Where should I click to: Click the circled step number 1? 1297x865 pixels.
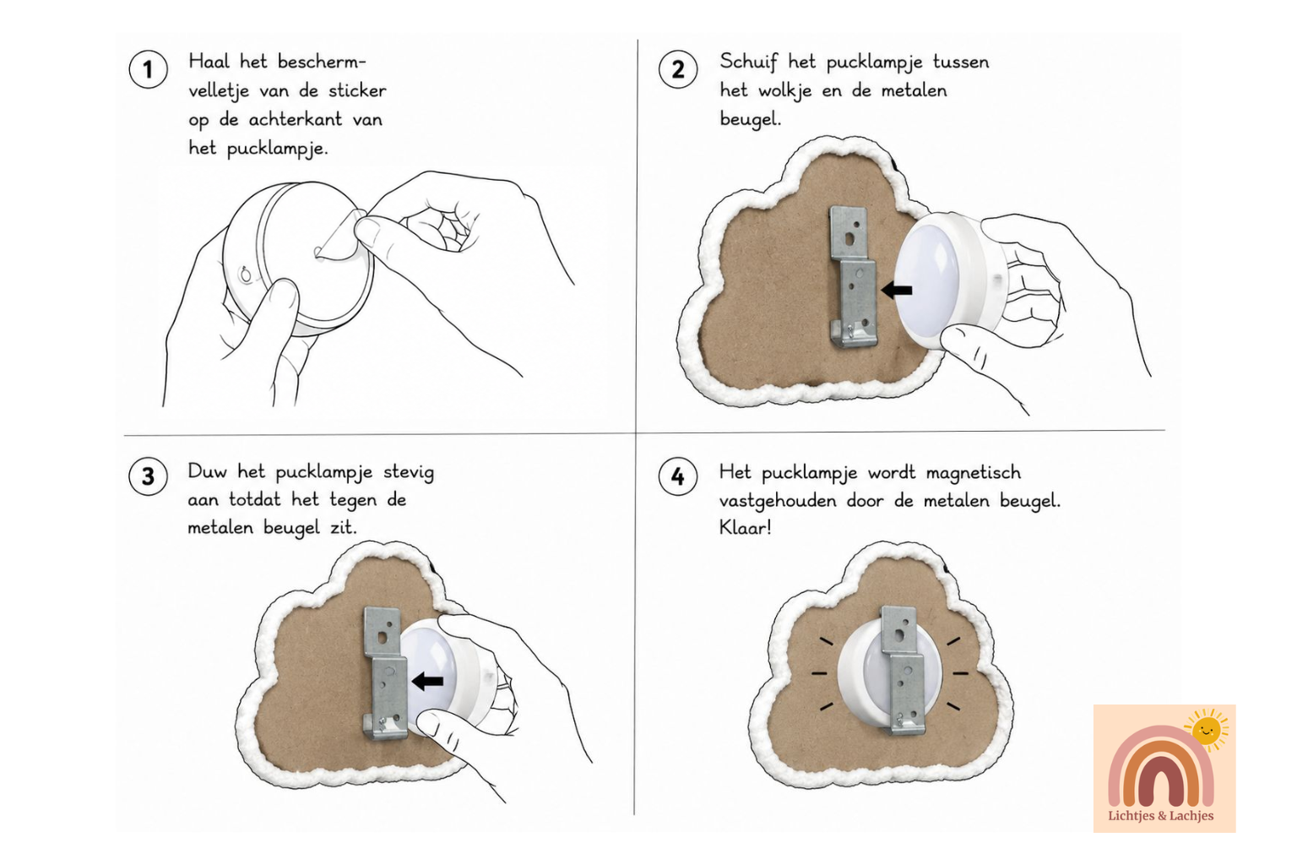(149, 69)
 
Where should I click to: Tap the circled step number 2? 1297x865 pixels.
(678, 69)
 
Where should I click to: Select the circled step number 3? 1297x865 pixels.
(149, 476)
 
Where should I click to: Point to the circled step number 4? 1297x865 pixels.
(678, 476)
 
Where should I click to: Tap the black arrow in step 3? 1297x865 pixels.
(427, 682)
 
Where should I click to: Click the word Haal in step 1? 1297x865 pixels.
(209, 62)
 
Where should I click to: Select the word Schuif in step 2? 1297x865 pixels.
(748, 63)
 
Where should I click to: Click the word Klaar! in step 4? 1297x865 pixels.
(746, 528)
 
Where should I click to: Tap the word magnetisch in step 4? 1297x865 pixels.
(974, 473)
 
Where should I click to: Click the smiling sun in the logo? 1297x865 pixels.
(1207, 730)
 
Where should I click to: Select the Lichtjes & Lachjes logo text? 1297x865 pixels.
(1160, 816)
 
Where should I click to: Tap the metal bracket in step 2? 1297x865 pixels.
(854, 277)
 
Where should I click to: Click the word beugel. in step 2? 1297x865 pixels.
(751, 120)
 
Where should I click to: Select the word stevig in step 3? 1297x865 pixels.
(409, 473)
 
